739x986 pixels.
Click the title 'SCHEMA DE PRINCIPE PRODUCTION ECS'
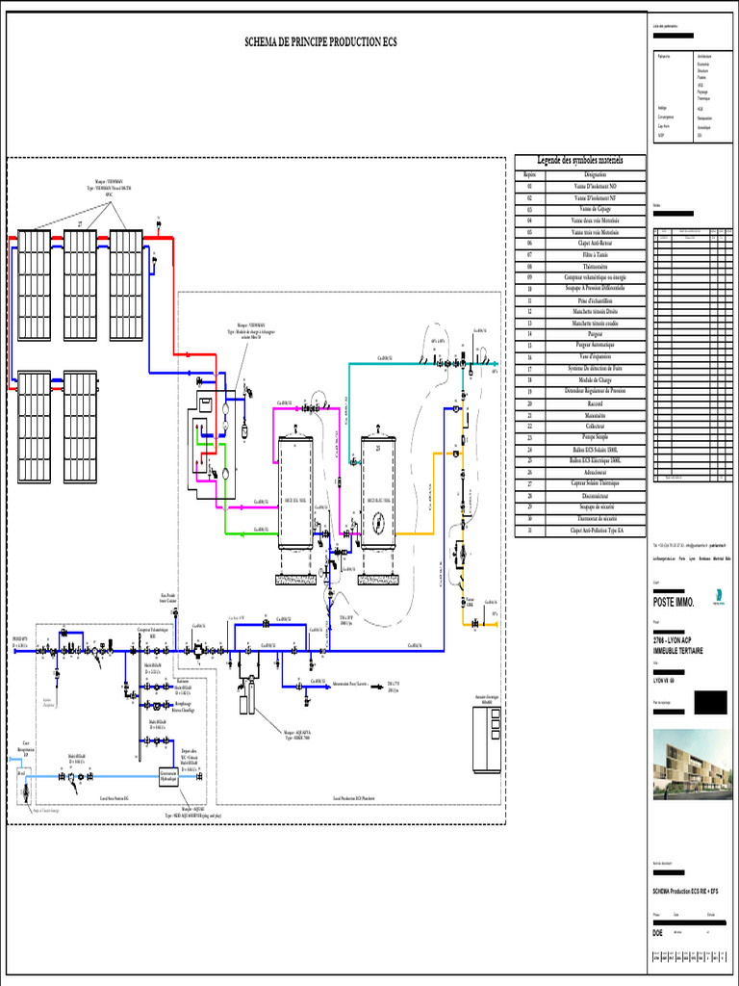[x=322, y=42]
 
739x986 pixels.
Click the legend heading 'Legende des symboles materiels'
[x=580, y=160]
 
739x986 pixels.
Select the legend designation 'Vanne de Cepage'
[x=596, y=208]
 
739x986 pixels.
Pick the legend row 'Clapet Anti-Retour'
[x=596, y=244]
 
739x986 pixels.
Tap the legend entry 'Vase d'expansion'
[x=596, y=356]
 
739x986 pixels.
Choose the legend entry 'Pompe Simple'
[x=596, y=436]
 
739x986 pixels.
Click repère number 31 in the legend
[x=529, y=531]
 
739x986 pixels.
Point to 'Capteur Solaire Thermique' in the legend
[x=596, y=483]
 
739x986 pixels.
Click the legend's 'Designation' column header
[x=596, y=174]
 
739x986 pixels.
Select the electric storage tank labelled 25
[x=379, y=491]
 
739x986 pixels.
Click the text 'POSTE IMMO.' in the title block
[x=674, y=602]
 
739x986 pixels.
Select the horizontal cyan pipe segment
[x=385, y=363]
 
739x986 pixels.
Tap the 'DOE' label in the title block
[x=658, y=933]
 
